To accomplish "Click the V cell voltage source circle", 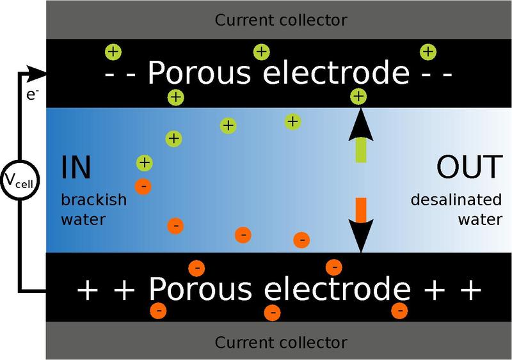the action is coord(20,180).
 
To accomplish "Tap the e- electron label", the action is coord(33,95).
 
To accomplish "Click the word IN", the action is coord(76,168).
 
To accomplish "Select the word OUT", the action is coord(469,167).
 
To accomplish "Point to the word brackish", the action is coord(93,200).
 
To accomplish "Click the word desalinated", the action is coord(456,200).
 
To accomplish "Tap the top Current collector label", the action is coord(281,20).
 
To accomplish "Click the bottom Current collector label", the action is coord(281,343).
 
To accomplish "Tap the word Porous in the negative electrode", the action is coord(200,72).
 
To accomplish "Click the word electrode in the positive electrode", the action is coord(337,289).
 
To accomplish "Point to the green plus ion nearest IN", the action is coord(145,163).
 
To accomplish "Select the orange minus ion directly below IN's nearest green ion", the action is coord(143,186).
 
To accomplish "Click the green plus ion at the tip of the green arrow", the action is coord(358,97).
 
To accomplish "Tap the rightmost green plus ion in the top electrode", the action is coord(428,52).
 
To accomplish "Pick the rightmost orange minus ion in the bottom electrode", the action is coord(399,310).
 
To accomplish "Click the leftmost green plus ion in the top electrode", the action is coord(113,52).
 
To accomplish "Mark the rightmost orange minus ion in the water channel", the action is coord(301,240).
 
